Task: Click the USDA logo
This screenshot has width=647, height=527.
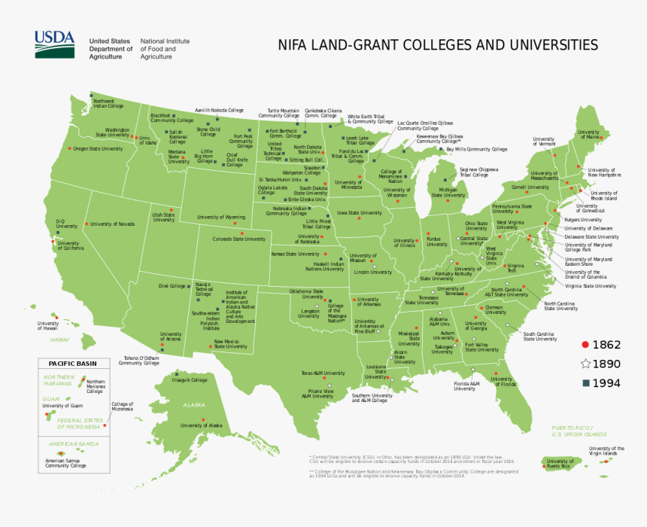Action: tap(54, 44)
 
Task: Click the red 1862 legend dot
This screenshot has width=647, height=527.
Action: tap(585, 345)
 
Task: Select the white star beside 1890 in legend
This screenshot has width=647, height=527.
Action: tap(585, 364)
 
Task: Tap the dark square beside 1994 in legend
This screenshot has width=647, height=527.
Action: tap(585, 383)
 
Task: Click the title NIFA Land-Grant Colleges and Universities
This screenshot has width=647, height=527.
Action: tap(438, 44)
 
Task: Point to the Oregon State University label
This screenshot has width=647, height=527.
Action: tap(98, 149)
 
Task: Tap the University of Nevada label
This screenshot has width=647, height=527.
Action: tap(112, 224)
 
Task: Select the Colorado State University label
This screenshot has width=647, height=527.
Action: tap(238, 239)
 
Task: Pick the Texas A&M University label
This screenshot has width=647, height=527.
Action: tap(323, 373)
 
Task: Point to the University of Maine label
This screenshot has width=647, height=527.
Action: tap(588, 135)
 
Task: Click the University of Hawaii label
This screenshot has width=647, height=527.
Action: tap(47, 326)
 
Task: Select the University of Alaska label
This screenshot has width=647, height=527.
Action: tap(202, 425)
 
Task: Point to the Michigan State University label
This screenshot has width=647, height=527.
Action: tap(453, 193)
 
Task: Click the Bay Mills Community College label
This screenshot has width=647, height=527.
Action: tap(476, 149)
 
